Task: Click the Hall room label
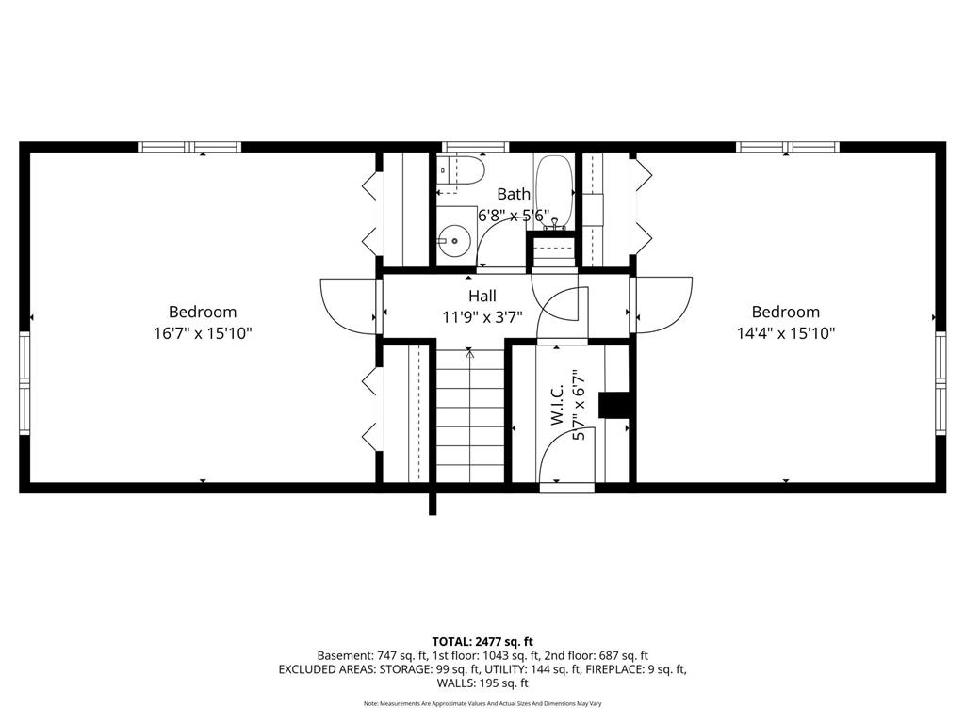pos(482,296)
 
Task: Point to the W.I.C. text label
pos(558,406)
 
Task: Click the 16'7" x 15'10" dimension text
pos(204,333)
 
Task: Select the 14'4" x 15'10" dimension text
pos(786,333)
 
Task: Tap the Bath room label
pos(514,194)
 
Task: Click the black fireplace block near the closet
pos(613,405)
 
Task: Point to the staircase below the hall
pos(470,414)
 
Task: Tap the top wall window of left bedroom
pos(188,147)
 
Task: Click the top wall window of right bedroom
pos(788,147)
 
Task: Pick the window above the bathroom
pos(476,147)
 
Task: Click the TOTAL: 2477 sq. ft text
pos(482,642)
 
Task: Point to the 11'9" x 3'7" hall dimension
pos(482,317)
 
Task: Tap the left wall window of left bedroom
pos(25,384)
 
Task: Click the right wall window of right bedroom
pos(940,384)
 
